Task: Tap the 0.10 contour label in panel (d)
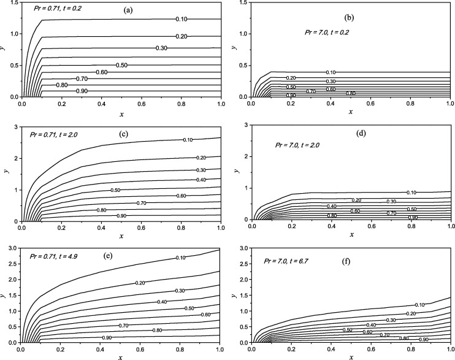[411, 193]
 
